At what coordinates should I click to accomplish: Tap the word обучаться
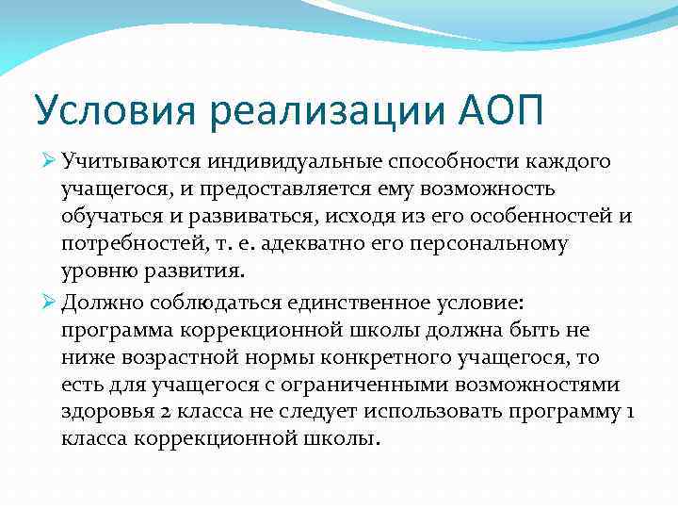(105, 218)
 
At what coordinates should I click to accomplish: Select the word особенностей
(543, 218)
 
